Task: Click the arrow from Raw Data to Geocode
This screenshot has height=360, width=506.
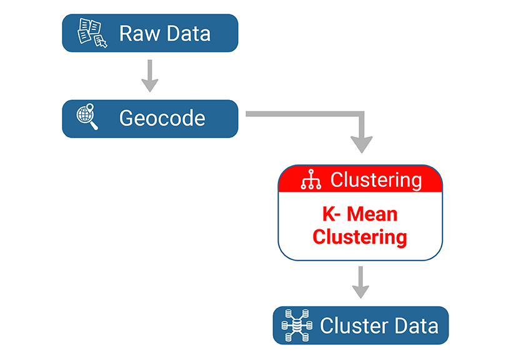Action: pos(149,76)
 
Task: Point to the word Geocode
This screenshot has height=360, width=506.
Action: pos(162,118)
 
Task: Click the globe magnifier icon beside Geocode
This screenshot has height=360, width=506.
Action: pos(88,118)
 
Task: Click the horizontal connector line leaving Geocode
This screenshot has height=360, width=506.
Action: pos(300,114)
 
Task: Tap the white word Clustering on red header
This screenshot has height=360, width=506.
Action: pos(376,180)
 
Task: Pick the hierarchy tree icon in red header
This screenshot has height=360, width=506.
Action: pos(310,180)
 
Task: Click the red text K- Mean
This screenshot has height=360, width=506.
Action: pos(360,214)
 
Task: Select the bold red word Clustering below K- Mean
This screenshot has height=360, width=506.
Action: pos(360,237)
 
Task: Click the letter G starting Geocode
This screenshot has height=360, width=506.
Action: pos(127,118)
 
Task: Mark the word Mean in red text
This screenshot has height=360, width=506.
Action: pos(372,214)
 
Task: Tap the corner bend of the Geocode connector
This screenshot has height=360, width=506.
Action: pos(361,115)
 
